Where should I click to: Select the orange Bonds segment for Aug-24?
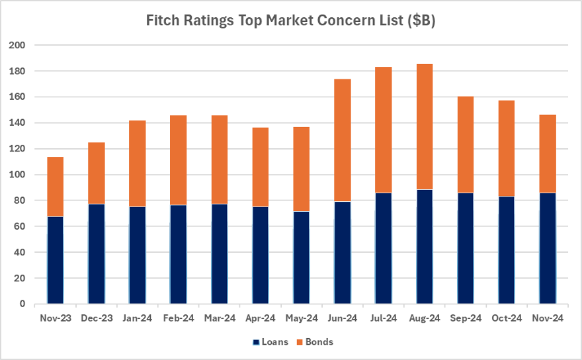pos(425,127)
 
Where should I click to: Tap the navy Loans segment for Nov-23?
pos(56,260)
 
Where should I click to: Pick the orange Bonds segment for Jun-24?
pos(343,140)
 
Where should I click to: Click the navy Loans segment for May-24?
pos(302,257)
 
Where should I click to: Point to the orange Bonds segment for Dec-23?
pos(97,173)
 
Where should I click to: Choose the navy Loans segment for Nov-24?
pos(548,248)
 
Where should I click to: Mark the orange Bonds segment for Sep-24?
pos(466,144)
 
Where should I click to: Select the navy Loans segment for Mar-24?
pos(220,253)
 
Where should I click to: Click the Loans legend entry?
pos(270,341)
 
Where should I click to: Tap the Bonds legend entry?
pos(315,341)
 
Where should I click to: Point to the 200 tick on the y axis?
pos(17,45)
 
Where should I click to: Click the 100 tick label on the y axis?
pos(17,175)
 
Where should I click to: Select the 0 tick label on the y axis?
pos(22,304)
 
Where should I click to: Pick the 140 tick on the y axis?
pos(17,122)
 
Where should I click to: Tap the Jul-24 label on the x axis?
pos(384,318)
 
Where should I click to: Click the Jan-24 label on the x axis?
pos(138,318)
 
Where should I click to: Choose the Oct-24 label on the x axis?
pos(507,318)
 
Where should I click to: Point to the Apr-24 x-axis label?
pos(261,318)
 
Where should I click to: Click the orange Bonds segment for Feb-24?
pos(179,160)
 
